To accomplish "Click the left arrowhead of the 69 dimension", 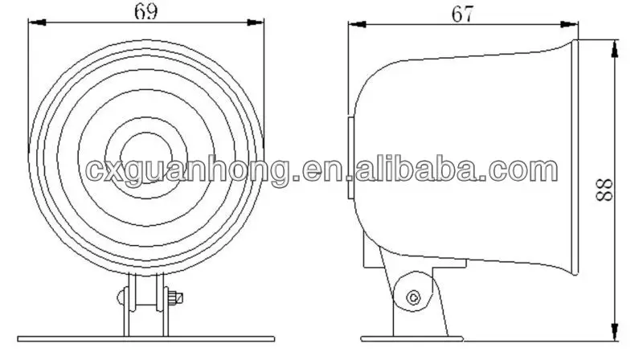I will (33, 23).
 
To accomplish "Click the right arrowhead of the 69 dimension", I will (260, 23).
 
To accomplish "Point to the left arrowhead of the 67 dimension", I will (353, 23).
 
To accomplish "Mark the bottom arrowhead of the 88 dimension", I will (615, 329).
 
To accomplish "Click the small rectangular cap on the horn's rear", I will (350, 158).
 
